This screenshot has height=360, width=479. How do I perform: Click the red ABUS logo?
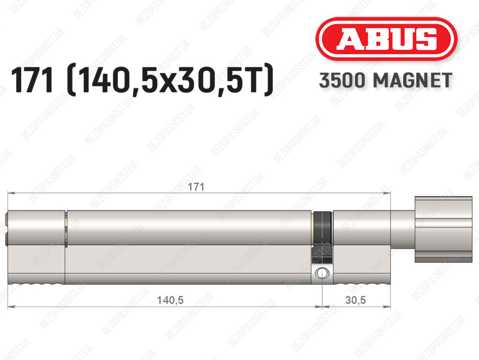(386, 39)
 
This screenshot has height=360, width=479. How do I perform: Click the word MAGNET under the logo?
(413, 81)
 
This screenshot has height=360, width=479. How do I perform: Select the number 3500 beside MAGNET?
(342, 81)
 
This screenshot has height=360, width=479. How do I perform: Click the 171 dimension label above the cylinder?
(196, 186)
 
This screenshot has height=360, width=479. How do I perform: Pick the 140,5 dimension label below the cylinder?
(170, 300)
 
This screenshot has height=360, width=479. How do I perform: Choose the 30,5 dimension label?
(356, 300)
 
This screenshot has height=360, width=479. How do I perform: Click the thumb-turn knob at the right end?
(443, 229)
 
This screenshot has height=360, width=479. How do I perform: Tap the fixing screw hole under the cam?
(322, 272)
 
